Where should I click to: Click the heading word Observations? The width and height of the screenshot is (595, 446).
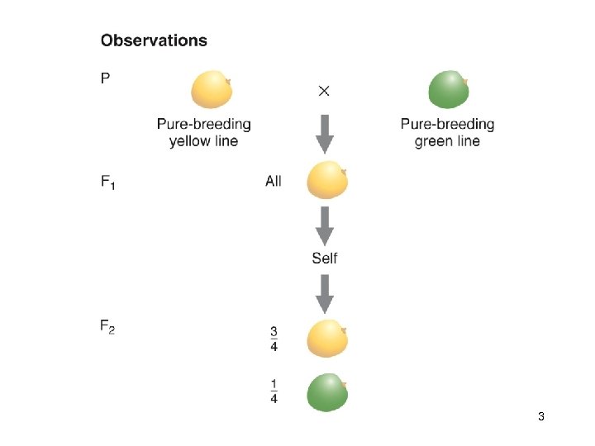click(154, 40)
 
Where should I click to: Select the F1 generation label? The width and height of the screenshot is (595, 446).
click(108, 183)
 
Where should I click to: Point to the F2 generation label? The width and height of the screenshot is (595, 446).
click(107, 327)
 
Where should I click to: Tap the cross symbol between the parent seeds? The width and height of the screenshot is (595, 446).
click(324, 90)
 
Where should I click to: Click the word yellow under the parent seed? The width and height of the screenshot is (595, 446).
click(192, 141)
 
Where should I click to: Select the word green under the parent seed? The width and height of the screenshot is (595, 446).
click(434, 141)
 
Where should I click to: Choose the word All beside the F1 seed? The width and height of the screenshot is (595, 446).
click(274, 181)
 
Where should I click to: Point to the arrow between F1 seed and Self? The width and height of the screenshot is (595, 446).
click(325, 225)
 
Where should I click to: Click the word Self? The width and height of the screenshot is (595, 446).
click(325, 259)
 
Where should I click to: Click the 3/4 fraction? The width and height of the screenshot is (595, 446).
click(274, 339)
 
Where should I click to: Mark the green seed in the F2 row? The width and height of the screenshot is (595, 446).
click(326, 393)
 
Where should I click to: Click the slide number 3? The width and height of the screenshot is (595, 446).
click(540, 417)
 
